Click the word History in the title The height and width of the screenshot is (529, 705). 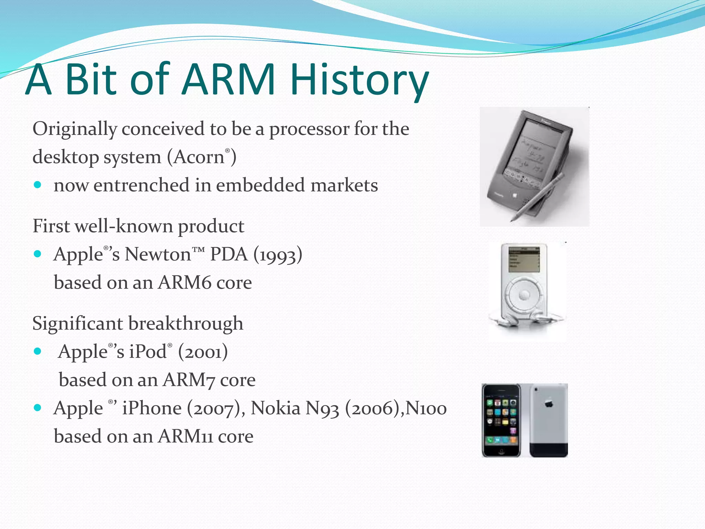[359, 80]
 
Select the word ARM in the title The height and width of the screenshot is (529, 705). [229, 80]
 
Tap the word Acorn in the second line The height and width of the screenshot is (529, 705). [199, 157]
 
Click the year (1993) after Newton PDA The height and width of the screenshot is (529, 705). [278, 255]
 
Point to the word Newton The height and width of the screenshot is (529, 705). [158, 255]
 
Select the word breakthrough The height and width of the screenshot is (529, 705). [186, 324]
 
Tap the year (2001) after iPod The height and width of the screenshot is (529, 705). [203, 352]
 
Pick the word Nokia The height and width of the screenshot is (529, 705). [275, 409]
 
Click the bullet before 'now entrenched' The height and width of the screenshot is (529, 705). [38, 185]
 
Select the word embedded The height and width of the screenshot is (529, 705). [260, 186]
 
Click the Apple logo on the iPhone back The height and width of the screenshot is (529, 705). [549, 403]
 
